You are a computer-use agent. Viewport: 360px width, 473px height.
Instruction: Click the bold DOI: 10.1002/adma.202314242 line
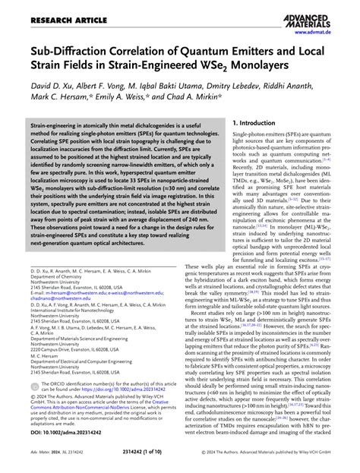(65, 433)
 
